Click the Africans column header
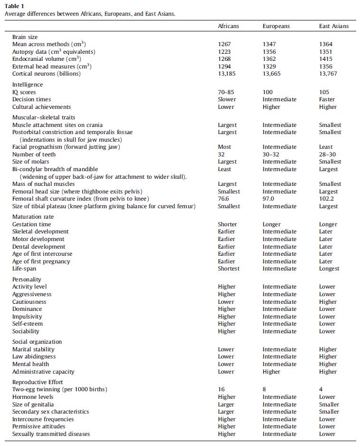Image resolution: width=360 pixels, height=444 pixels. [x=228, y=26]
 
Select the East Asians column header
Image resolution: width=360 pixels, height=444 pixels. [x=333, y=26]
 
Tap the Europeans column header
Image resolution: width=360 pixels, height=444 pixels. [x=276, y=26]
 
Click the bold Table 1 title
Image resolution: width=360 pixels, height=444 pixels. [x=15, y=6]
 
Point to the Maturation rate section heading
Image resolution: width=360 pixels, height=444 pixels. [x=33, y=217]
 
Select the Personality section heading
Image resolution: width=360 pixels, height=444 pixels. [x=27, y=280]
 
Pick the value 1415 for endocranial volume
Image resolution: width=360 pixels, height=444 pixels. [x=326, y=59]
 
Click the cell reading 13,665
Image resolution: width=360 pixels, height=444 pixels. [x=272, y=74]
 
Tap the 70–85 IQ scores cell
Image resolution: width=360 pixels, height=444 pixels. [x=226, y=92]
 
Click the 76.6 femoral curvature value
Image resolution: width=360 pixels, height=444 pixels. [x=224, y=199]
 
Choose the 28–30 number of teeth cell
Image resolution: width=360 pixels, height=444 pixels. [x=327, y=154]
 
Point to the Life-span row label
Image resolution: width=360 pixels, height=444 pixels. [x=24, y=269]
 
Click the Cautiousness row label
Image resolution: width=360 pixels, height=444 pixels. [x=29, y=302]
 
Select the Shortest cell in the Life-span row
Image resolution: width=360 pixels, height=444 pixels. [x=229, y=269]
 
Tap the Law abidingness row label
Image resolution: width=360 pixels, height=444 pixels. [x=34, y=357]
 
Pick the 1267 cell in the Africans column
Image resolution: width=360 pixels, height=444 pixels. [x=224, y=44]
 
